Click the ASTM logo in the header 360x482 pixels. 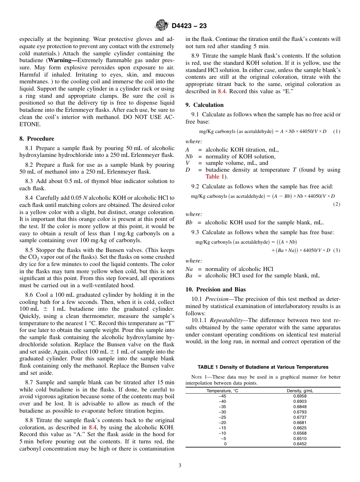tap(161, 25)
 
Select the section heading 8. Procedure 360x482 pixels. tap(37, 139)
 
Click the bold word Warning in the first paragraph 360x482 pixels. tap(61, 60)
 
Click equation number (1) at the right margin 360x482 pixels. tap(337, 131)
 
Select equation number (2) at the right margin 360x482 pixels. tap(337, 204)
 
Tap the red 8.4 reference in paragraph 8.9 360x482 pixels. tap(222, 91)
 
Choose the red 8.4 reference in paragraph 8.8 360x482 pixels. tap(93, 427)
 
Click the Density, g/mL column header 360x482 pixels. tap(300, 391)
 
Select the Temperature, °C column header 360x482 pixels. tap(222, 391)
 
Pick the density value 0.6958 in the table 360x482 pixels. tap(300, 396)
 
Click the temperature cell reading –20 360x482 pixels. tap(222, 423)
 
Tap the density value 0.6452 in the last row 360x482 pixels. tap(300, 444)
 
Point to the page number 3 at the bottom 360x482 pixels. tap(180, 466)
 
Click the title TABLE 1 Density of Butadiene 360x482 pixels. tap(263, 367)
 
